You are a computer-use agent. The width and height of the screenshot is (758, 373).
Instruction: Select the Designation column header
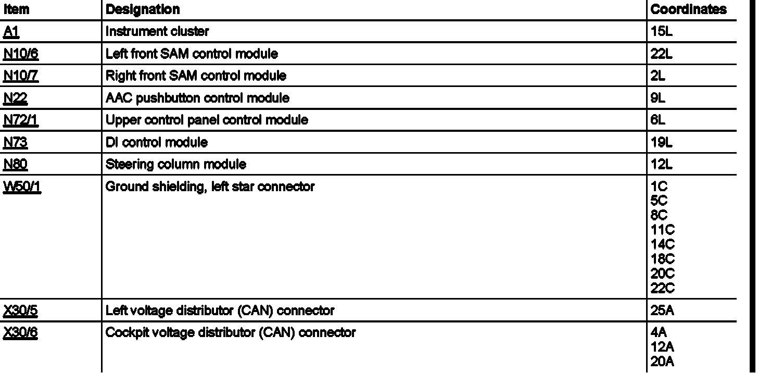pos(143,9)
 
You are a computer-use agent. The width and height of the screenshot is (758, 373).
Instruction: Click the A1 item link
pos(11,31)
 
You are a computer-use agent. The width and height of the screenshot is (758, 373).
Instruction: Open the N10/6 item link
pos(21,54)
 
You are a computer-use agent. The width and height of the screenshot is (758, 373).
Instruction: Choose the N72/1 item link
pos(21,120)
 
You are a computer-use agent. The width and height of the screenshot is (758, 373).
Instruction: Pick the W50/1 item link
pos(22,186)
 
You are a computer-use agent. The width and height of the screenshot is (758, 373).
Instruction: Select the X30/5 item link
pos(21,311)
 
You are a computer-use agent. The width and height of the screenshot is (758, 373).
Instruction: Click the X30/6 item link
pos(21,332)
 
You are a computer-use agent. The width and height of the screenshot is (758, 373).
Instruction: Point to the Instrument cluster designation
pos(157,31)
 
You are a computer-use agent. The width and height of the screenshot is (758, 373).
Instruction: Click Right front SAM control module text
pos(196,76)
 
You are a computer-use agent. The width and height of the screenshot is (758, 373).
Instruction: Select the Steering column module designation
pos(176,165)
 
